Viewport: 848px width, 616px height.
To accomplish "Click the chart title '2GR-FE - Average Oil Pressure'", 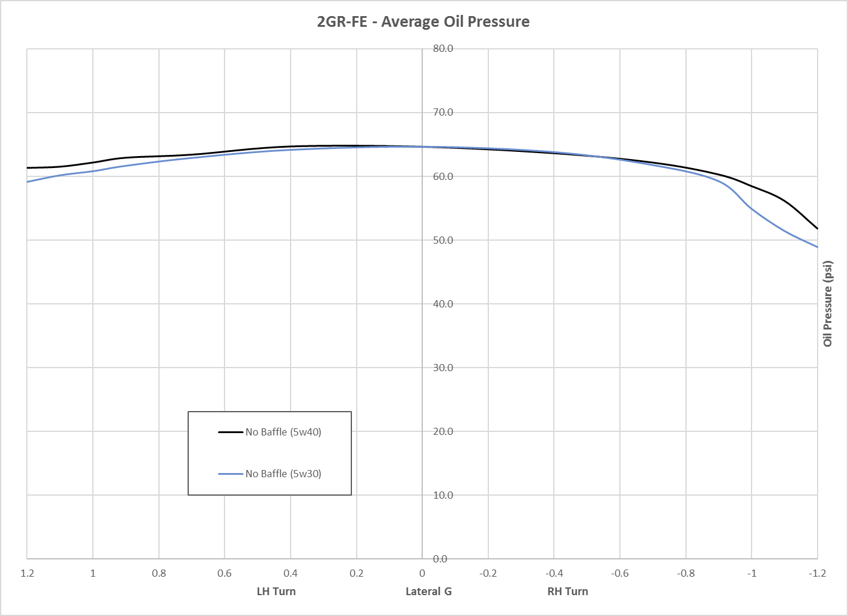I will pos(423,22).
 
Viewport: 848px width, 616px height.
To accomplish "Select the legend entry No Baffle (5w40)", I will pos(283,432).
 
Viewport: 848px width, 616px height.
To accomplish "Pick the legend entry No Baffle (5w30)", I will pos(283,474).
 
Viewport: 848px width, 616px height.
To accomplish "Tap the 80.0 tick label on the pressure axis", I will pos(443,49).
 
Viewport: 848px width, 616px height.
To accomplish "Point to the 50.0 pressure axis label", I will pos(443,240).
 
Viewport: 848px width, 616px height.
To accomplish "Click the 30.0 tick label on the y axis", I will pos(443,368).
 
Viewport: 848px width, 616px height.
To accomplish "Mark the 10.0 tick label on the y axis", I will pos(443,495).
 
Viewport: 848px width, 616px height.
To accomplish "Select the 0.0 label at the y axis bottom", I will pos(440,559).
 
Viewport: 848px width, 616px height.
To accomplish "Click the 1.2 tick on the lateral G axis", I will pos(27,573).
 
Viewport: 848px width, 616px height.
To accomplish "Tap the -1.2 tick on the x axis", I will pos(817,573).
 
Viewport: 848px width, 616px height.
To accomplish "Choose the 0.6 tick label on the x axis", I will pos(225,573).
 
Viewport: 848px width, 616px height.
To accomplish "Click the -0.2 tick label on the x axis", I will pos(488,573).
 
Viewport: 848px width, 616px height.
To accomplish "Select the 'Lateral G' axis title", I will pos(429,591).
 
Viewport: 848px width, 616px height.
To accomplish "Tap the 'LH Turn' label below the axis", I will pos(276,591).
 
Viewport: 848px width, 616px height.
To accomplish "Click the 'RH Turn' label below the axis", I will pos(568,591).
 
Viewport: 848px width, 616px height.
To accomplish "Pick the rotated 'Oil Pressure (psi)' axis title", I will pos(828,304).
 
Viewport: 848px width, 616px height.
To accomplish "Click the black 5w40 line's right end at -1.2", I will pos(817,228).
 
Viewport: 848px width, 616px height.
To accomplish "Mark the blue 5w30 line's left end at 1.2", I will pos(28,182).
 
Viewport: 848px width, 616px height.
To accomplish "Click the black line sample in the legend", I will pos(231,432).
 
